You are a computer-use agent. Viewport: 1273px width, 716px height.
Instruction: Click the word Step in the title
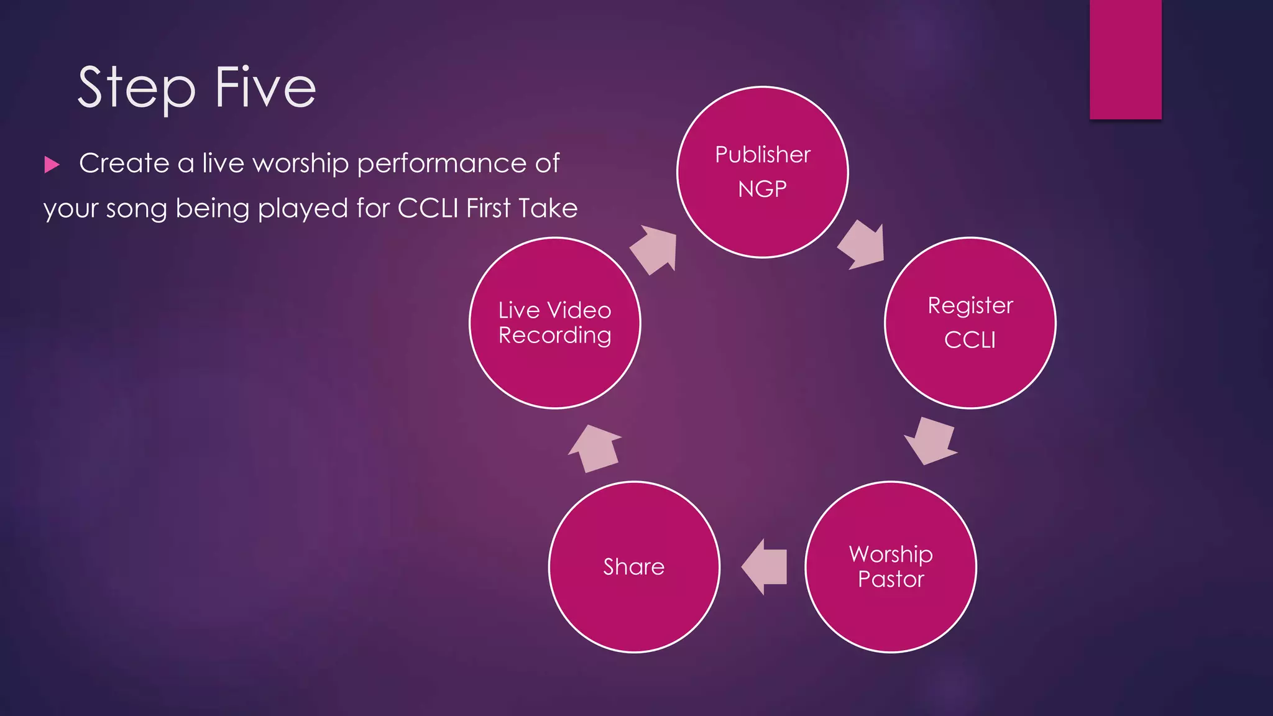[136, 88]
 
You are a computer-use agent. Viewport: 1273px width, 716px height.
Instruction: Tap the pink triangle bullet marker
[52, 165]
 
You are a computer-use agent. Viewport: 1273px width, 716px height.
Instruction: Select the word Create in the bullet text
[124, 163]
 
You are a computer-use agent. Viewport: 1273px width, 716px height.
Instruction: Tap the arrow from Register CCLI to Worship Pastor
[931, 441]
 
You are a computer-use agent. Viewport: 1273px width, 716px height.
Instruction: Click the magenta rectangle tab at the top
[1125, 59]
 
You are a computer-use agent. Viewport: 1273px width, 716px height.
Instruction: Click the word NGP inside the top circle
[762, 189]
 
